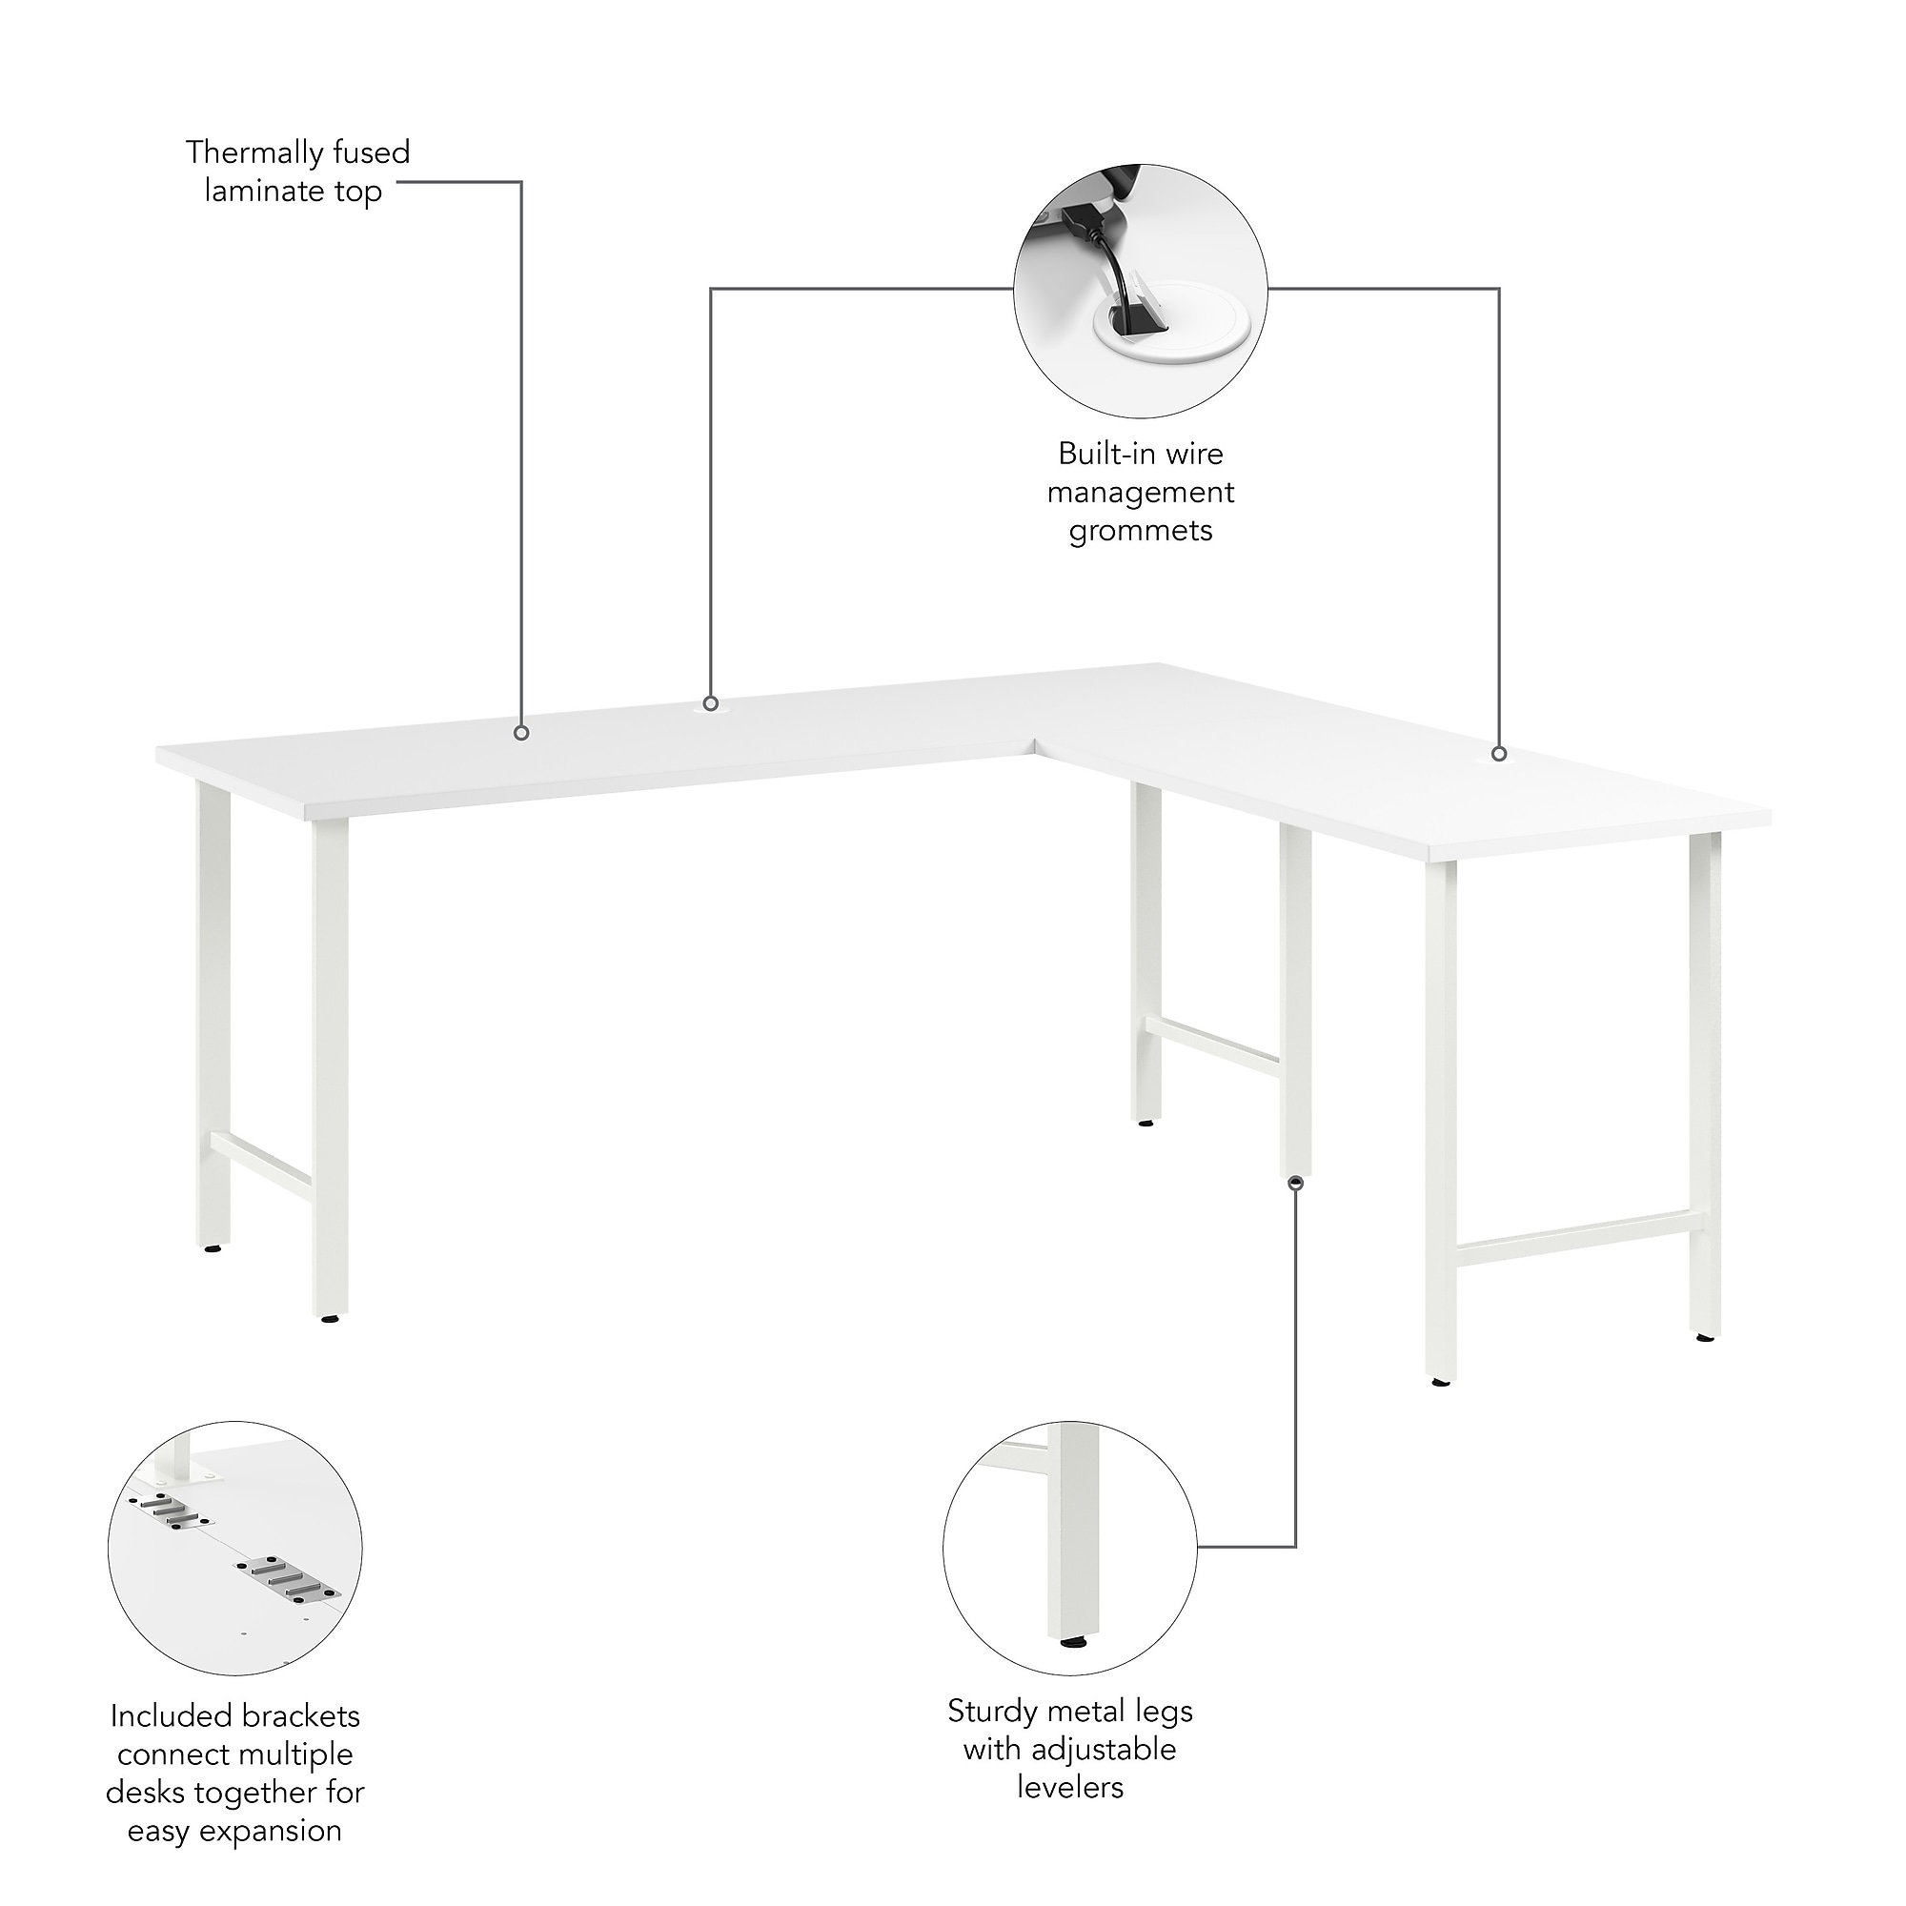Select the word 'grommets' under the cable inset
(x=1141, y=532)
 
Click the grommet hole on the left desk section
(x=710, y=703)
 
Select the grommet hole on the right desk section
(x=1498, y=754)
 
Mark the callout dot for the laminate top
(x=522, y=733)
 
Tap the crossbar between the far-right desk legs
(x=1572, y=1236)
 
